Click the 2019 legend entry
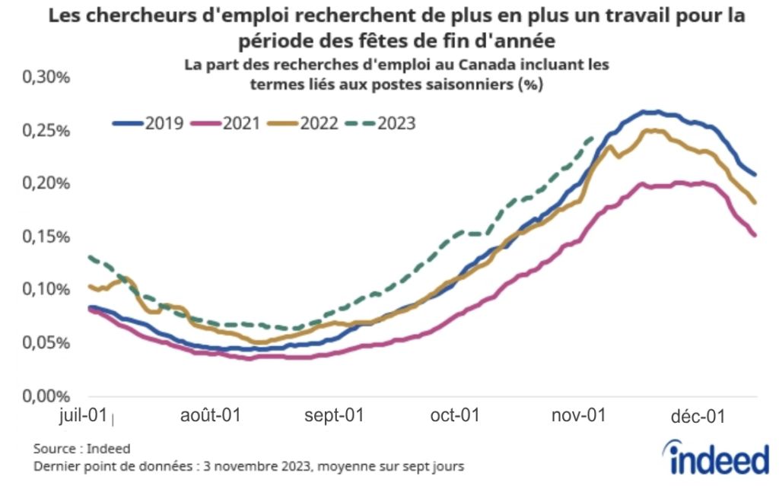pyautogui.click(x=148, y=122)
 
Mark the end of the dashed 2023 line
pyautogui.click(x=593, y=138)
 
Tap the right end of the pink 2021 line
pyautogui.click(x=755, y=235)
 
